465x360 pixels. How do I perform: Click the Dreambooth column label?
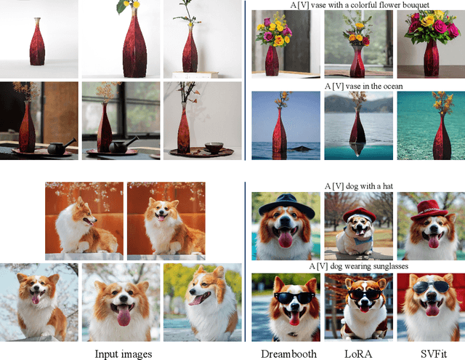point(288,353)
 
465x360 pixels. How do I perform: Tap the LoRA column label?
point(358,353)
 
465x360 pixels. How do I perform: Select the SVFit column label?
point(434,353)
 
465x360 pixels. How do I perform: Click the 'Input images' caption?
point(124,354)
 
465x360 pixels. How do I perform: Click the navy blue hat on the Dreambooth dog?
point(286,205)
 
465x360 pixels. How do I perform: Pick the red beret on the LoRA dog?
point(359,214)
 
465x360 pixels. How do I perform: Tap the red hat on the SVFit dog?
point(429,210)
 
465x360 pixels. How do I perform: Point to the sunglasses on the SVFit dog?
point(431,287)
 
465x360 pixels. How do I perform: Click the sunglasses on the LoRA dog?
point(365,294)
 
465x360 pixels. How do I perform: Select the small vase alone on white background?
point(37,41)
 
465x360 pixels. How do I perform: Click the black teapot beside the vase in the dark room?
point(60,147)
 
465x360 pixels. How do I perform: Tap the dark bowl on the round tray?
point(214,147)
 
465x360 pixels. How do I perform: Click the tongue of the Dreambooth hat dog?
point(286,239)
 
